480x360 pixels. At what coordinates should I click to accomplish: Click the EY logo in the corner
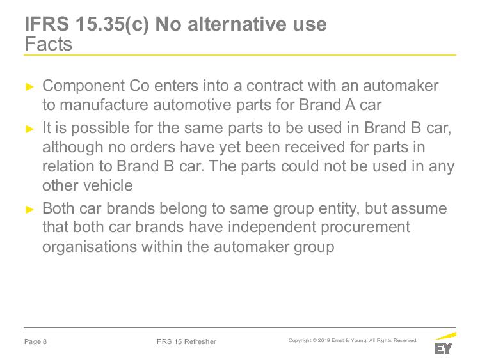445,343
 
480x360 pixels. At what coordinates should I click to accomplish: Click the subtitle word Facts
49,43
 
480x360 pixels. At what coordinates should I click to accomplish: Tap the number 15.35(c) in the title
112,24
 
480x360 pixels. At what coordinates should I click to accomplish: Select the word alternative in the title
238,24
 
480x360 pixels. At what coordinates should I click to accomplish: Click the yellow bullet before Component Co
29,87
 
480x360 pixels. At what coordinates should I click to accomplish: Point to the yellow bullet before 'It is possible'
29,129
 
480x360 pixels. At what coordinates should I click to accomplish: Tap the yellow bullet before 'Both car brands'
29,210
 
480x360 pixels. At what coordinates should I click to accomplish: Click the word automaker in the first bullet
401,86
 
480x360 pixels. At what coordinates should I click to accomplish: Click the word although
72,148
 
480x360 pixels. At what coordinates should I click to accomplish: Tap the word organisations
90,247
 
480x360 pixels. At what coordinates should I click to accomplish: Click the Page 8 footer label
35,341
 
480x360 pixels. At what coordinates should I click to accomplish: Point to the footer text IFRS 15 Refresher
186,341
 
